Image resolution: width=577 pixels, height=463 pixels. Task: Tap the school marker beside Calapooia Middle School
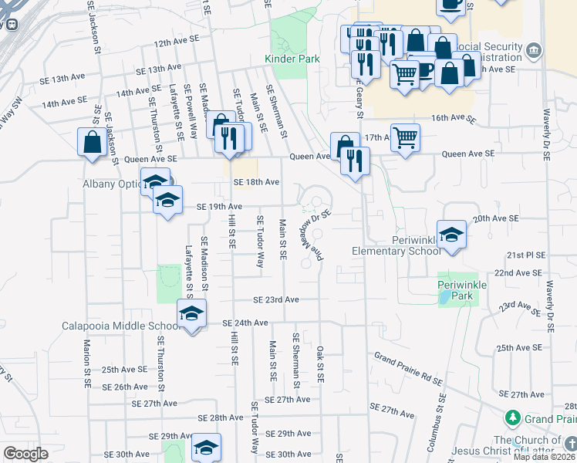[x=191, y=313]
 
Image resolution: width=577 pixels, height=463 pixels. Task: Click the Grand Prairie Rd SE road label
[x=409, y=368]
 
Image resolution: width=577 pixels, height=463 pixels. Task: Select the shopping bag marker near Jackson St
[x=93, y=142]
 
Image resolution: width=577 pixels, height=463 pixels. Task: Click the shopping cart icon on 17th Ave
[x=405, y=138]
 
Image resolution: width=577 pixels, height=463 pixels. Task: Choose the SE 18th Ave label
[x=256, y=182]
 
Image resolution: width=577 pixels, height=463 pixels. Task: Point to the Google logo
[x=25, y=454]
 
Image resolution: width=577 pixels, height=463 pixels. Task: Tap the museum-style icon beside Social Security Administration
[x=533, y=52]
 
